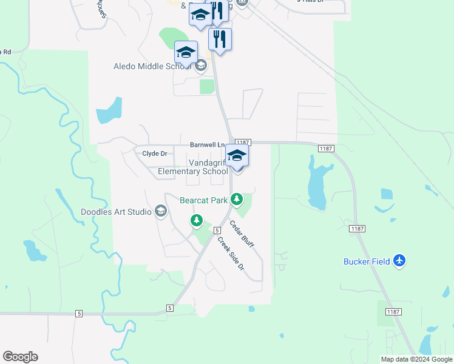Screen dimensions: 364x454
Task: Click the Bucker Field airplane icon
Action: pyautogui.click(x=399, y=261)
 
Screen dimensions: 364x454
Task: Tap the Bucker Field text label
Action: pyautogui.click(x=366, y=261)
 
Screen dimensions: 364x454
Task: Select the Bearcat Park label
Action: pyautogui.click(x=204, y=200)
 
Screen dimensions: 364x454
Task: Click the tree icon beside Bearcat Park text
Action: pyautogui.click(x=237, y=199)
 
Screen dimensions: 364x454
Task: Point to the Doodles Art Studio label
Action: pyautogui.click(x=117, y=212)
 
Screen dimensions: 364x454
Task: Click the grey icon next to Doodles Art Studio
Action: pyautogui.click(x=161, y=211)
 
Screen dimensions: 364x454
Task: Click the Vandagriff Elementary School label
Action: pyautogui.click(x=192, y=167)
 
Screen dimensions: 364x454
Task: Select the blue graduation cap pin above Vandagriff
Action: pyautogui.click(x=237, y=155)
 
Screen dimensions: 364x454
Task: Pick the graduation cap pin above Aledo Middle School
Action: pyautogui.click(x=186, y=52)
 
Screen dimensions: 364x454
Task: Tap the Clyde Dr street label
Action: pyautogui.click(x=154, y=153)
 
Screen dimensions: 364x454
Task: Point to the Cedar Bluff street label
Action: pyautogui.click(x=241, y=234)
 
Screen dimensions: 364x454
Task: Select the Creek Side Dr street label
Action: pyautogui.click(x=231, y=253)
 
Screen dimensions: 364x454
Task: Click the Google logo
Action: pyautogui.click(x=20, y=357)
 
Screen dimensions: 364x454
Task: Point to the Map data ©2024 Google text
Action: pyautogui.click(x=417, y=359)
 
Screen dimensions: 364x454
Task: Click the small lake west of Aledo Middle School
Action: pyautogui.click(x=109, y=110)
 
